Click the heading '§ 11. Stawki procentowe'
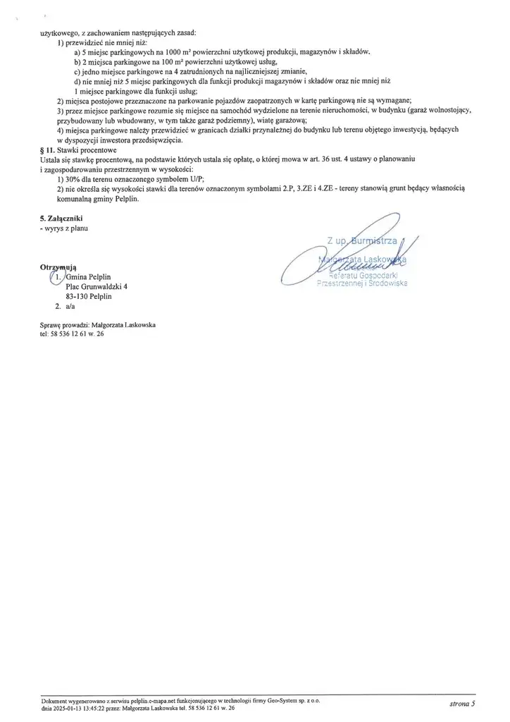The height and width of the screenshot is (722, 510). tap(78, 150)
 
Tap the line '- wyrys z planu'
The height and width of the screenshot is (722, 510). tap(65, 228)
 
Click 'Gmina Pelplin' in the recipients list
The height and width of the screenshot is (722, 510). tap(89, 276)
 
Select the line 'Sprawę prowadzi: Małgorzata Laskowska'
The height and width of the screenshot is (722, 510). tap(98, 325)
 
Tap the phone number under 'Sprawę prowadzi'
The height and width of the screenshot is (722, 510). tap(73, 334)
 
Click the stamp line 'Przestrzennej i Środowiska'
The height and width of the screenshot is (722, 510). tap(362, 283)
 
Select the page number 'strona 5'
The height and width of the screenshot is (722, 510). tap(462, 704)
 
